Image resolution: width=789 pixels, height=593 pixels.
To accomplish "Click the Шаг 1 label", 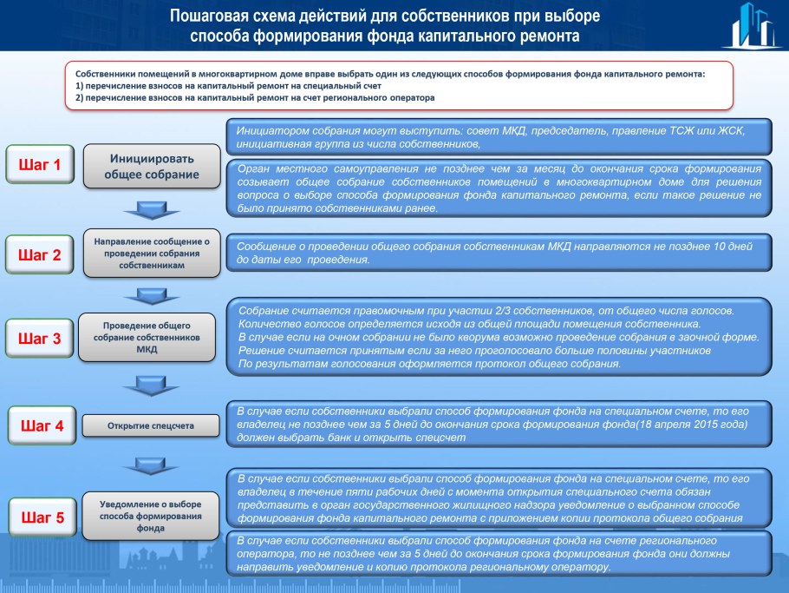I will pos(40,164).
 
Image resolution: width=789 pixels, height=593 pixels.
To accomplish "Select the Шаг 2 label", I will pos(40,255).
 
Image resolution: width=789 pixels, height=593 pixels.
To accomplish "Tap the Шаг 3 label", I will pos(40,339).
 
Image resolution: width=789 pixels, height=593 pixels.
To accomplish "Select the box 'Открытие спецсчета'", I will pos(151,426).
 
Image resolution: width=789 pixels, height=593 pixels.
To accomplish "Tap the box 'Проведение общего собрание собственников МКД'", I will pos(147,337).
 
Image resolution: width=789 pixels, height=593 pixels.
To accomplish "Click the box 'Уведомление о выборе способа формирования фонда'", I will pos(151,516).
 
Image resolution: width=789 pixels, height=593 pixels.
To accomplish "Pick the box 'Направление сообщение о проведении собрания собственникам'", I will pos(152,254).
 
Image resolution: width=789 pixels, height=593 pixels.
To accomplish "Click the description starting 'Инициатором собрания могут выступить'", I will pos(491,136).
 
